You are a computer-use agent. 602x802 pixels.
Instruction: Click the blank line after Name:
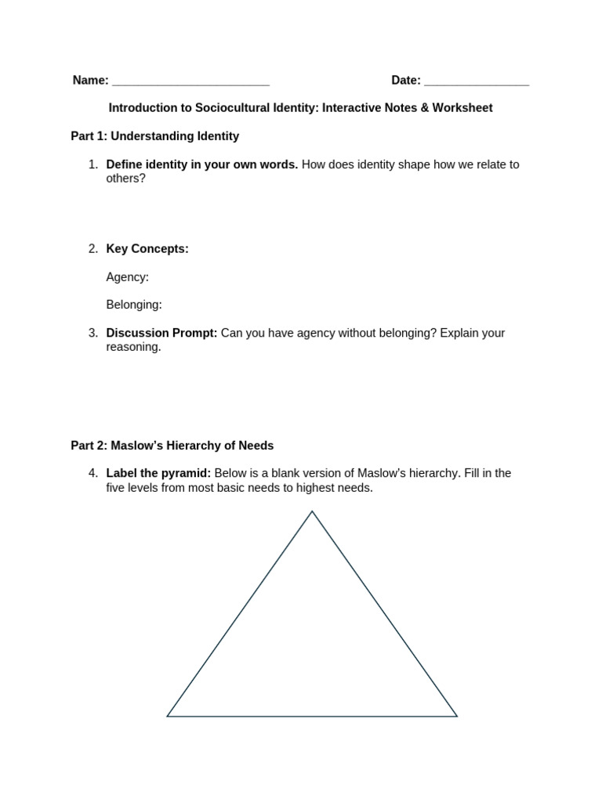point(190,81)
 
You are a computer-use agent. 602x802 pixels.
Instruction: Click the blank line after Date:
point(477,81)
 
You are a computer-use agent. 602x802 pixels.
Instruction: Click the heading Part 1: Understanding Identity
point(155,136)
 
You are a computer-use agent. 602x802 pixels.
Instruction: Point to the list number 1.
point(92,164)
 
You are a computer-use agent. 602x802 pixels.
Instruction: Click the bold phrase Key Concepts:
point(147,249)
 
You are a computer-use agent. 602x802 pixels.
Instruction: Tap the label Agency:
point(127,277)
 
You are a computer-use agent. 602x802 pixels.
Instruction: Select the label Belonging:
point(134,305)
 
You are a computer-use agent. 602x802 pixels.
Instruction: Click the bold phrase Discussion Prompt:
point(161,333)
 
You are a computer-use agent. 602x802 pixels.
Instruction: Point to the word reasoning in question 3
point(133,347)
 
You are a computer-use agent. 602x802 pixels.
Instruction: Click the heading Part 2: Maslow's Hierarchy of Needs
point(172,446)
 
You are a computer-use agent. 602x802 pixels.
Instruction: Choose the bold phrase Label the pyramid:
point(158,474)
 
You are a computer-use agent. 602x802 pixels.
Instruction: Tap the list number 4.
point(92,474)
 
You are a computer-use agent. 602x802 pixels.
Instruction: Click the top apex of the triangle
point(312,512)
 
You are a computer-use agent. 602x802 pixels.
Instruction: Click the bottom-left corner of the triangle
point(168,716)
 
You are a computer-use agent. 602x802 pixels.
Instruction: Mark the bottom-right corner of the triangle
point(456,716)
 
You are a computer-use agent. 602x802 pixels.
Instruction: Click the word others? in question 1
point(126,179)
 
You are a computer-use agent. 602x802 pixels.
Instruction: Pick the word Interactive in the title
point(350,108)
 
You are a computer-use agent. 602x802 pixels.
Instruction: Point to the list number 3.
point(92,333)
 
